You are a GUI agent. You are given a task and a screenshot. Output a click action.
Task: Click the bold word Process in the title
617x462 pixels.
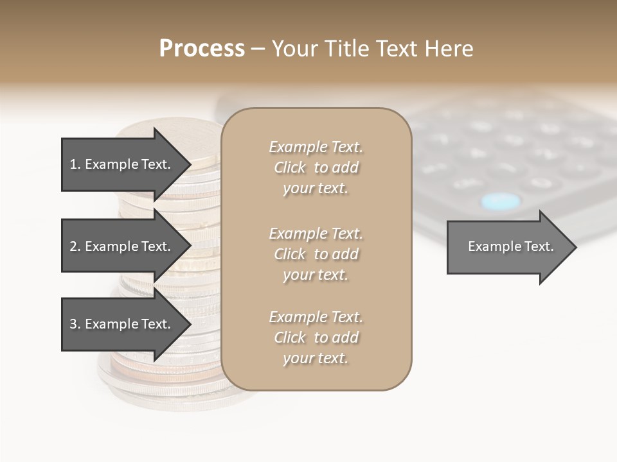202,49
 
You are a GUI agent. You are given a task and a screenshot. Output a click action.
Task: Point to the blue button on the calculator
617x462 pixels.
501,201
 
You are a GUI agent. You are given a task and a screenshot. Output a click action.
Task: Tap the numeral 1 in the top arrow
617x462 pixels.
73,164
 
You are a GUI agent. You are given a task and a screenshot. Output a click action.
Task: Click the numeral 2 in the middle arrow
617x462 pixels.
73,246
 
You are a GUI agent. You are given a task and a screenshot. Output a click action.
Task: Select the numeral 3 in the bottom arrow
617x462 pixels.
73,324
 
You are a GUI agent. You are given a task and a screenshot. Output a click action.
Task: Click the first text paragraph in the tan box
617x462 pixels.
316,167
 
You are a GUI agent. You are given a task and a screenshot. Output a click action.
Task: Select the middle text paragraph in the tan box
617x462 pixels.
316,254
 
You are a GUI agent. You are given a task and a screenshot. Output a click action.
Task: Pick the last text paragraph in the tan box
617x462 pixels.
316,338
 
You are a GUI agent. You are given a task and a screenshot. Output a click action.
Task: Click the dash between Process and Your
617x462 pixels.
258,49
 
